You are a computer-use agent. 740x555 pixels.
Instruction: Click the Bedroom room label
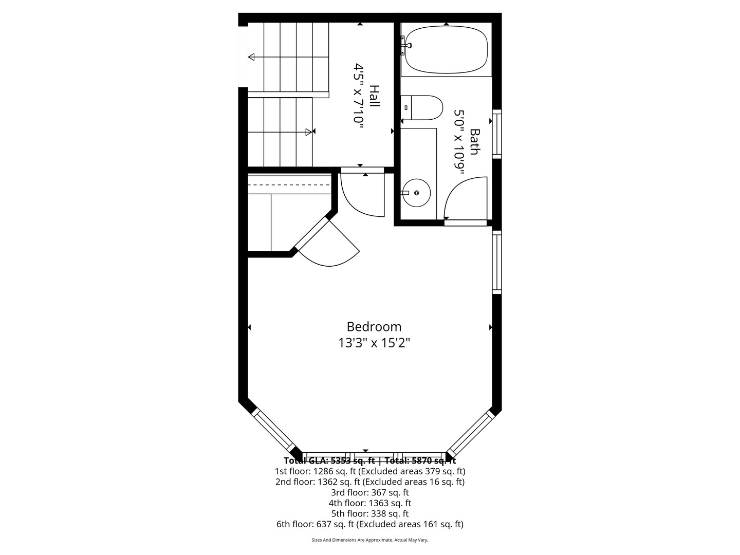(374, 327)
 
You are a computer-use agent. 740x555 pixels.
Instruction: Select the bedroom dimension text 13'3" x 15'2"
(374, 343)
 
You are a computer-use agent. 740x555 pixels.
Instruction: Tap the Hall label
(374, 96)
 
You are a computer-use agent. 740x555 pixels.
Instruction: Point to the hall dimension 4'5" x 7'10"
(358, 94)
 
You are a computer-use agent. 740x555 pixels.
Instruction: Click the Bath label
(474, 141)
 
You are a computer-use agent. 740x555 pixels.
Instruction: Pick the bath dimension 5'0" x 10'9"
(458, 141)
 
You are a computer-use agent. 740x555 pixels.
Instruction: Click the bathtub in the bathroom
(446, 50)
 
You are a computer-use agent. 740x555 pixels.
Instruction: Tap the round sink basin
(416, 193)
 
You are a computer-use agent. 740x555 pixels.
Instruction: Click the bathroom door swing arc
(465, 198)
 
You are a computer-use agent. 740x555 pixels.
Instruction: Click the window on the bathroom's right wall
(497, 133)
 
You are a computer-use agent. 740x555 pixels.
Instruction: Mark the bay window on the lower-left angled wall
(272, 430)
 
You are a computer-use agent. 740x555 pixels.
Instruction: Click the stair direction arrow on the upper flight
(252, 57)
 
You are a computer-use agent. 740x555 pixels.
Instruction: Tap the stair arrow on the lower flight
(308, 132)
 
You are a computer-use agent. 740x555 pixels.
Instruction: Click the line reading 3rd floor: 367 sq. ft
(369, 492)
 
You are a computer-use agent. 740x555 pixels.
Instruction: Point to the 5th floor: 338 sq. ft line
(369, 513)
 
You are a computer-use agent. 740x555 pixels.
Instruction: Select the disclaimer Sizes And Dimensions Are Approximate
(369, 540)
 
